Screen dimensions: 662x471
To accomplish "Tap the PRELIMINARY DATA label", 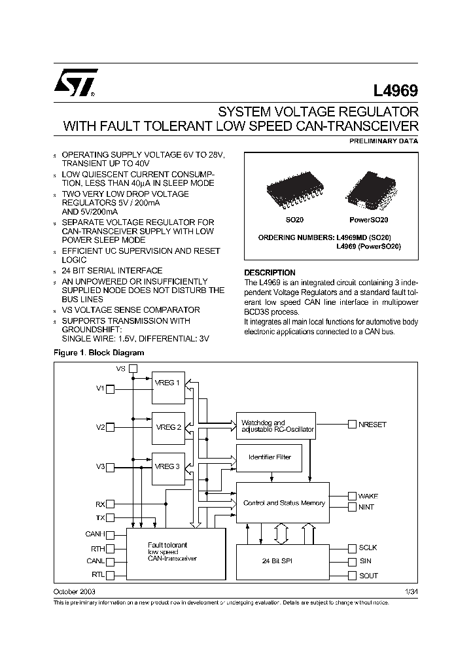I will coord(385,141).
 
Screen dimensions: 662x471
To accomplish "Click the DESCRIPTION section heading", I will coord(270,272).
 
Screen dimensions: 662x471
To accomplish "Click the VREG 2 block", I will coord(168,427).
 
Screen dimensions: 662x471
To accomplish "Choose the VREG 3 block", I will coord(168,466).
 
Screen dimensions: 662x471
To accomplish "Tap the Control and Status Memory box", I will coord(283,503).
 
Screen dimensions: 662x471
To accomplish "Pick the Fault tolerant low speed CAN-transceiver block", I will coord(175,553).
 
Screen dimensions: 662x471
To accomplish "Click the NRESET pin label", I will coord(372,425).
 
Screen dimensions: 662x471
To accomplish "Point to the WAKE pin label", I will coord(368,496).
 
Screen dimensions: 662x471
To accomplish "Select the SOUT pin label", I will coord(368,576).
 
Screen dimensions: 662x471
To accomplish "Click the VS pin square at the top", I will coord(133,369).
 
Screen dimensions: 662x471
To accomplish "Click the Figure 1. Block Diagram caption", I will coord(98,353).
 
